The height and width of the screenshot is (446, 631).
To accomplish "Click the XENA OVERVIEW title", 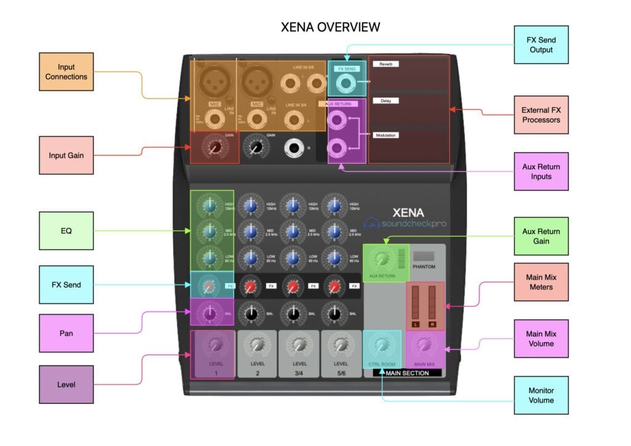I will tap(330, 27).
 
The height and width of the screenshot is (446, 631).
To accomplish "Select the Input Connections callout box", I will tap(66, 72).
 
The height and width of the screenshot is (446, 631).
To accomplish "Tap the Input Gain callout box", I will tap(66, 155).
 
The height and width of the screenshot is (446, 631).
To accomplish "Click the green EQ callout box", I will tap(66, 231).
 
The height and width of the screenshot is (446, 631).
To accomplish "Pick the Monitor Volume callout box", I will tap(541, 395).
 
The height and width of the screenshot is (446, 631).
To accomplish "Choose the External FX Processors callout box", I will tap(541, 115).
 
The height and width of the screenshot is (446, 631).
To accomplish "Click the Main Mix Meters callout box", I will tap(541, 282).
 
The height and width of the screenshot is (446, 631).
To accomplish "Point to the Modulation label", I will tap(386, 135).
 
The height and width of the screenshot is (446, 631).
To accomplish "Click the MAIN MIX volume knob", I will tap(425, 345).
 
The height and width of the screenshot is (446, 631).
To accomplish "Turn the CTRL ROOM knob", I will tap(382, 345).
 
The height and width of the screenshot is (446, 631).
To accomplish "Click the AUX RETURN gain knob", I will tap(381, 259).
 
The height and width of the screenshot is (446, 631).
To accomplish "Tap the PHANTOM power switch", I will tap(423, 256).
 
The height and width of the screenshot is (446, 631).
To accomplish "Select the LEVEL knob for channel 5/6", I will tap(341, 346).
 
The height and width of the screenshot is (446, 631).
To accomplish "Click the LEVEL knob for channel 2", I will tap(257, 346).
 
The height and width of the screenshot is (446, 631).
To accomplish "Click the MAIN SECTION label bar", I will tap(407, 373).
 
